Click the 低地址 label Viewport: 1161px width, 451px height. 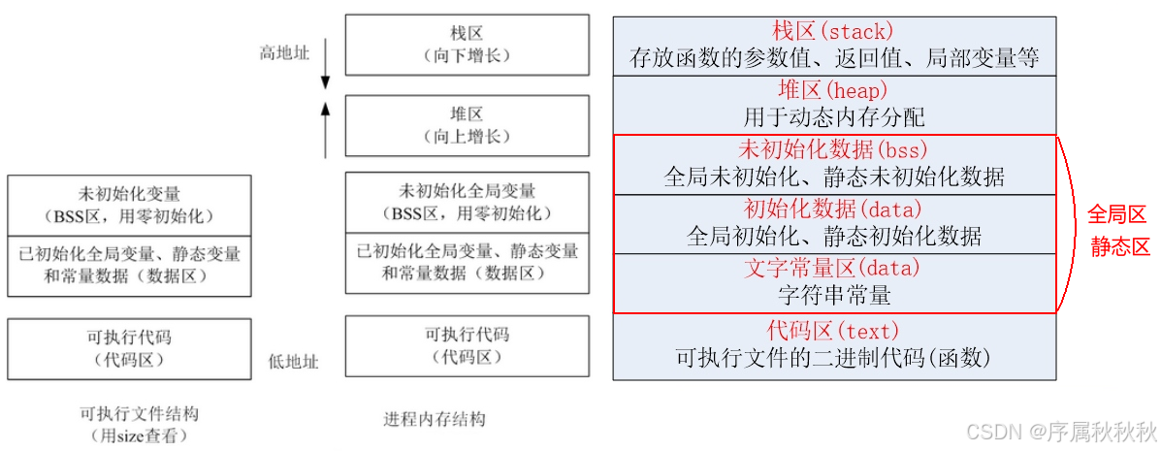293,362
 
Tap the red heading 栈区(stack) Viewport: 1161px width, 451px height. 833,31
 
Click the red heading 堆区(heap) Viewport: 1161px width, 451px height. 833,90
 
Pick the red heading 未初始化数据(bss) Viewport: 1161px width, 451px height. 833,149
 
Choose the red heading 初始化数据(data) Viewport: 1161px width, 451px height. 833,208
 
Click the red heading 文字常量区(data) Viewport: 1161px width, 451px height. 833,267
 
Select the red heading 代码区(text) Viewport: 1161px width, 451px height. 833,330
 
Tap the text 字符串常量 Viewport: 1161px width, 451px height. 833,294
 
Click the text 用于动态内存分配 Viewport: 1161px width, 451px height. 833,118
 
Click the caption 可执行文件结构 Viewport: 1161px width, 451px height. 140,414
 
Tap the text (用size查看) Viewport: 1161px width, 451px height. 140,435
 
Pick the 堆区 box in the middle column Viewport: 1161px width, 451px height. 467,125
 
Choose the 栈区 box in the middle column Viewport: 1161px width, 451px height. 467,45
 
